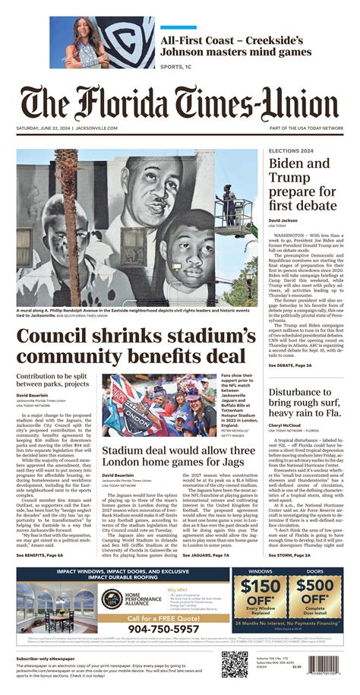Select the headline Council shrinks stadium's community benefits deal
point(125,346)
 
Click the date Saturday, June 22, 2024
point(43,128)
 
